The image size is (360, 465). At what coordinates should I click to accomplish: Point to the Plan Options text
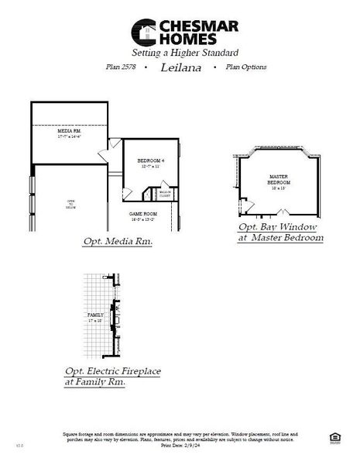[245, 67]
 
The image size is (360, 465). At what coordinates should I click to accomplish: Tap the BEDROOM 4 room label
[141, 160]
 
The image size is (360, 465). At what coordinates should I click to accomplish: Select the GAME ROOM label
[142, 213]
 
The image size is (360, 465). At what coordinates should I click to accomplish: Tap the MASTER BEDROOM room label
[278, 179]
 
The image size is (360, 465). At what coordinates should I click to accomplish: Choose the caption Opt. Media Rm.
[117, 243]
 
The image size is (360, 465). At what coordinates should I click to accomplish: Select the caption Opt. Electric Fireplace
[112, 371]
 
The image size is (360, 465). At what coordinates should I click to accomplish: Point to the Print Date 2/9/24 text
[178, 446]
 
